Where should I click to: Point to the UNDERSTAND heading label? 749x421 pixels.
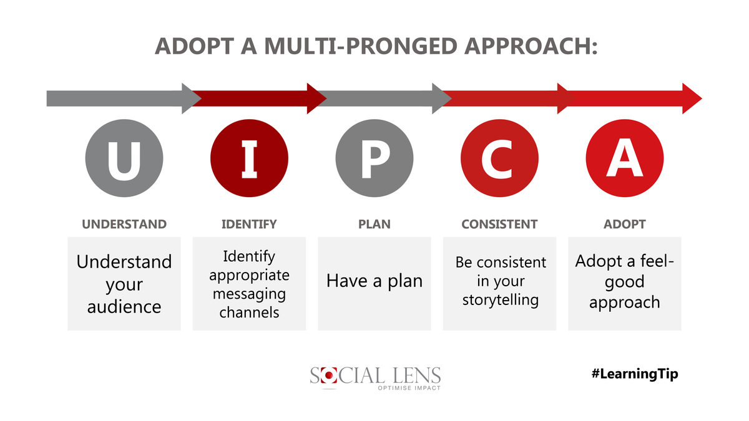click(x=124, y=224)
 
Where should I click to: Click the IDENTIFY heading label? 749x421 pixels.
click(x=249, y=224)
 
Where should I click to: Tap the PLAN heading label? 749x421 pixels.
click(x=374, y=224)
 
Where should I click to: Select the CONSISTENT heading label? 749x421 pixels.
click(x=499, y=224)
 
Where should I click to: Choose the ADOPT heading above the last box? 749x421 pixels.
click(x=625, y=224)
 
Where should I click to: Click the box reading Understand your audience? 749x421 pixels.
click(x=124, y=284)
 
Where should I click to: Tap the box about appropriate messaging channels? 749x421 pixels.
click(x=249, y=284)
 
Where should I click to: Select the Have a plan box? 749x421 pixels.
click(x=374, y=284)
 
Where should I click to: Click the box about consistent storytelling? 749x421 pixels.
click(x=499, y=284)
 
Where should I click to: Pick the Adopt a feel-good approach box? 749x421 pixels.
click(x=625, y=284)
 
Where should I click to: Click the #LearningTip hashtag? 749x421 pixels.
click(x=634, y=374)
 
